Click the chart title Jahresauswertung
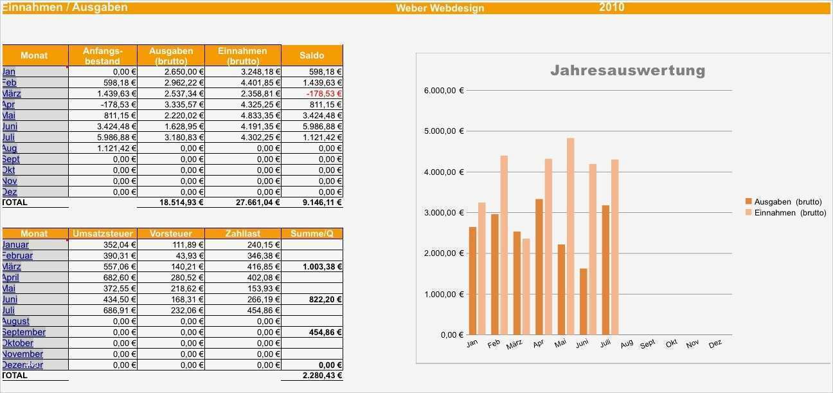[627, 70]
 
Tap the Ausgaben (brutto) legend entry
[787, 201]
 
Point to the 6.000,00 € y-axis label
[443, 90]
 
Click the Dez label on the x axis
[715, 344]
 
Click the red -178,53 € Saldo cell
[325, 93]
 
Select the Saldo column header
[312, 55]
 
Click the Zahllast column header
[242, 233]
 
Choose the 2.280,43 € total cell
[322, 376]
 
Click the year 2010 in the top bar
[611, 7]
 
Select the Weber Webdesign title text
[440, 8]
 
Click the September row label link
[24, 332]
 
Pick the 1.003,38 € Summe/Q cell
[321, 266]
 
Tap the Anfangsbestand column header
[102, 55]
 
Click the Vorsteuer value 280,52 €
[184, 277]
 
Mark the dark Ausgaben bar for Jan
[472, 280]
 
